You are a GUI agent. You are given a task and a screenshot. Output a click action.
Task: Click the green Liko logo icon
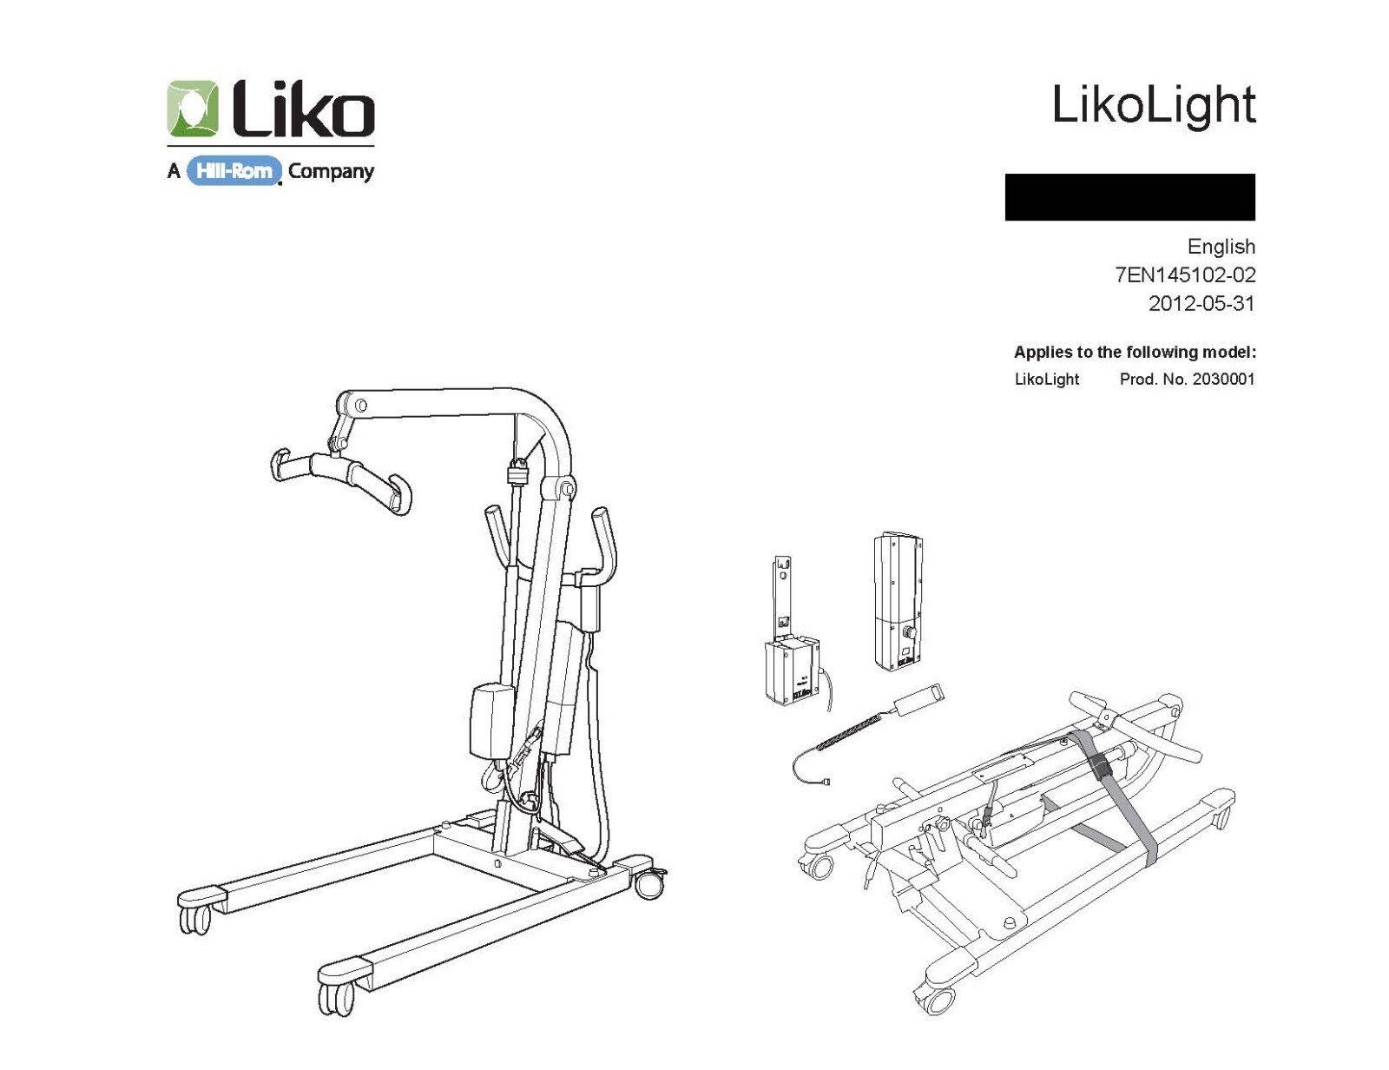coord(193,109)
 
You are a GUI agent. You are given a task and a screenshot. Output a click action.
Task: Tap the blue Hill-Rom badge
coord(234,171)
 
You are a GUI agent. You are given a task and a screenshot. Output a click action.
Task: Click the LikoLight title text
coord(1153,105)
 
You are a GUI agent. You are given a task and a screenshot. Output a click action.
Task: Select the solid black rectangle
coord(1129,197)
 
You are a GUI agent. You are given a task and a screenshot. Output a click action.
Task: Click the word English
coord(1221,247)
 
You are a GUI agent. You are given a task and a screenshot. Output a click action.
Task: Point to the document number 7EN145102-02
coord(1185,275)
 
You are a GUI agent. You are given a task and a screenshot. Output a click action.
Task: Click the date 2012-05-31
coord(1201,304)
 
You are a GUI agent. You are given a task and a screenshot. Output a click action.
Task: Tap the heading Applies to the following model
coord(1135,353)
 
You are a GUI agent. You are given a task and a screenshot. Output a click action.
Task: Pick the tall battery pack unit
coord(898,601)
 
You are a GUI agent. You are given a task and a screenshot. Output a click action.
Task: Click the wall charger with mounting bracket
coord(791,660)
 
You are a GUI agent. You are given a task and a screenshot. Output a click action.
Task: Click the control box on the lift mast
coord(492,720)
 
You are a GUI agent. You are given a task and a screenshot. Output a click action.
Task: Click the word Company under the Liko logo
coord(331,171)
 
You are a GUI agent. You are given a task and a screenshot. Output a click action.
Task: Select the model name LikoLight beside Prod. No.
coord(1046,380)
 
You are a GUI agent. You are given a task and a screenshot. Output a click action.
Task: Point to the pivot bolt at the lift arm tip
coord(361,406)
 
